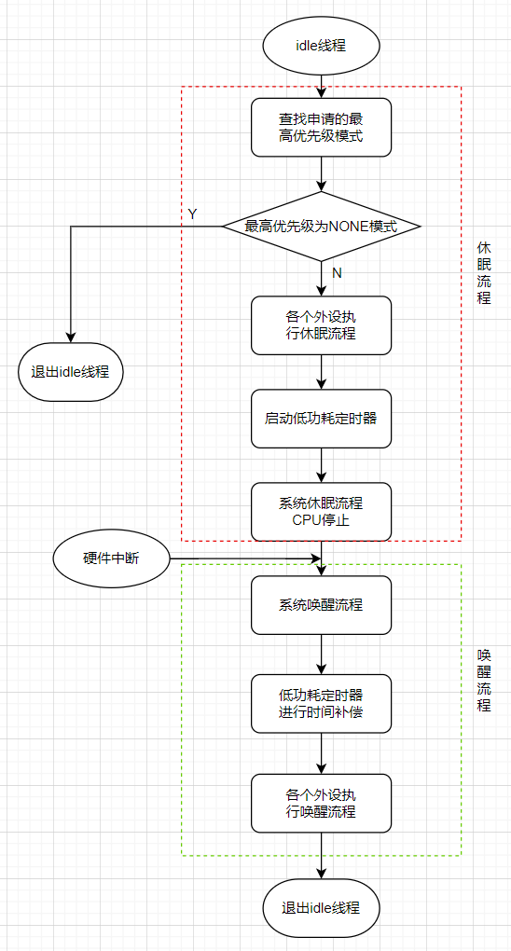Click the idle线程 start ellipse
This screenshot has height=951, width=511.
click(x=321, y=45)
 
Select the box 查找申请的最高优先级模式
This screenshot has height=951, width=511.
click(x=321, y=128)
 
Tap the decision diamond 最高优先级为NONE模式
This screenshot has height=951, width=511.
click(x=321, y=226)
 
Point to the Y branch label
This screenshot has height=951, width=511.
click(x=192, y=214)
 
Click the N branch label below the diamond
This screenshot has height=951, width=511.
click(x=337, y=272)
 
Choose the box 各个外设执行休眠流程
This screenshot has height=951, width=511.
click(x=321, y=325)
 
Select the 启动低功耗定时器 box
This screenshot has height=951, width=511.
click(x=321, y=419)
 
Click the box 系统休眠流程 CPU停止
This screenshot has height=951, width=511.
click(x=321, y=511)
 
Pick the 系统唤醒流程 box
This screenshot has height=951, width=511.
click(x=321, y=605)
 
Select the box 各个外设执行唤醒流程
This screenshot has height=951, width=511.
click(x=321, y=804)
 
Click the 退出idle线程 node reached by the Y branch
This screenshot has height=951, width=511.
click(x=71, y=372)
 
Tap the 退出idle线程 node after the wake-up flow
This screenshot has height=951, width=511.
click(x=321, y=907)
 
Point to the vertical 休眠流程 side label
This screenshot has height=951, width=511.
click(x=484, y=272)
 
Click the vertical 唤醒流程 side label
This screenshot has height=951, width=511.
click(x=484, y=679)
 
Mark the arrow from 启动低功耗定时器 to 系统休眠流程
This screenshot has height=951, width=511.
click(x=321, y=464)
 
